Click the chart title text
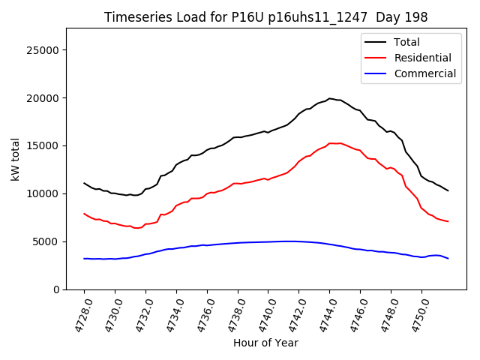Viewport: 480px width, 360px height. [265, 17]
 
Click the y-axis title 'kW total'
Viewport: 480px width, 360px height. [15, 159]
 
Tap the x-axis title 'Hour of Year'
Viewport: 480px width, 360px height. [265, 343]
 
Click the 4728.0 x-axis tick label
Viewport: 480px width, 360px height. [78, 313]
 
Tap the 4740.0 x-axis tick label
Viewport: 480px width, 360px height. [262, 313]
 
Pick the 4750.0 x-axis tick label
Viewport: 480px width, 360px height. [415, 313]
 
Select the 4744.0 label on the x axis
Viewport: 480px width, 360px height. [323, 313]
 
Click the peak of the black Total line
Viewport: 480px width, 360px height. [329, 98]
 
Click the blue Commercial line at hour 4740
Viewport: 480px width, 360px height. [268, 241]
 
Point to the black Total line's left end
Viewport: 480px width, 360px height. [84, 183]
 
